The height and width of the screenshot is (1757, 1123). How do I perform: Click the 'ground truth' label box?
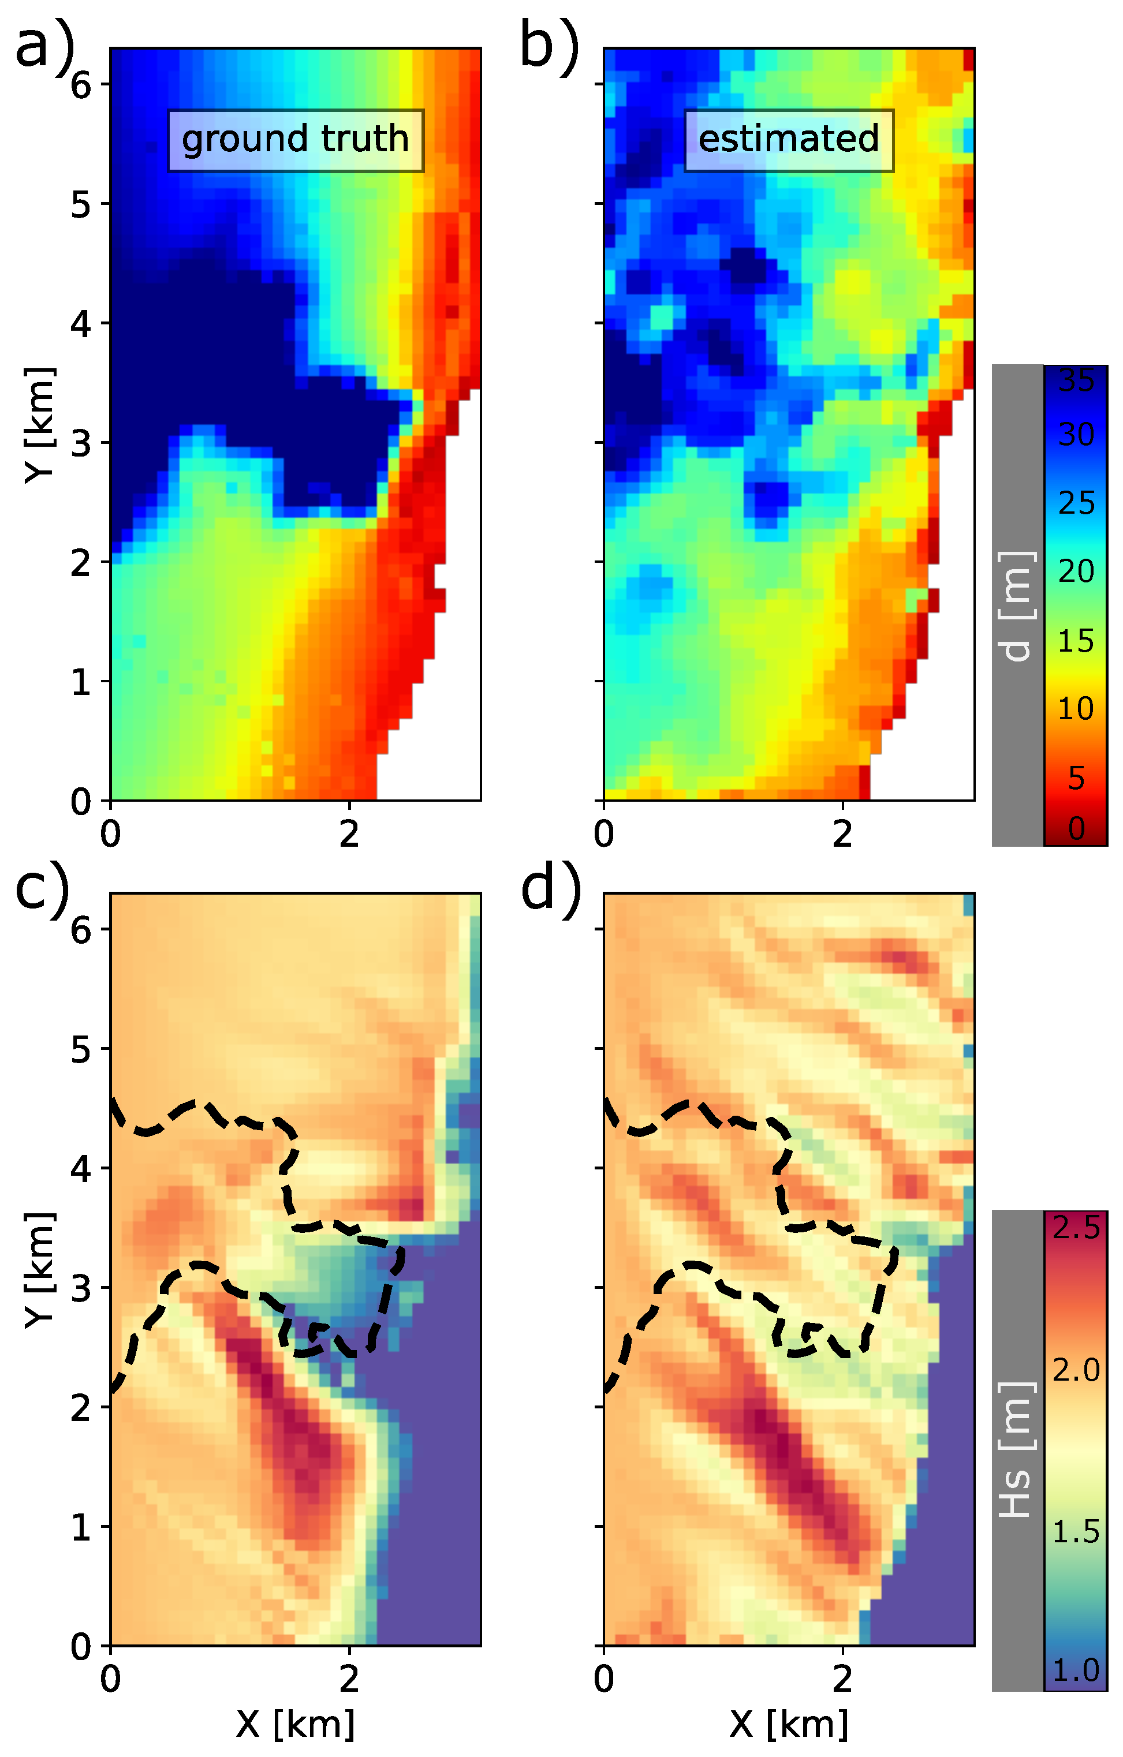296,140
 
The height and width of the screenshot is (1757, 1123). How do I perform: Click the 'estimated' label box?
789,140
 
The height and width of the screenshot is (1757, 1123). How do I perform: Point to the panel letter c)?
42,890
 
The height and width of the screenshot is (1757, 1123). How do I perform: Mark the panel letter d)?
551,890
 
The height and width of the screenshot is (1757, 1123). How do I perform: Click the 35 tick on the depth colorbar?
1076,381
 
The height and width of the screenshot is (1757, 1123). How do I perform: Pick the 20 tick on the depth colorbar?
1076,571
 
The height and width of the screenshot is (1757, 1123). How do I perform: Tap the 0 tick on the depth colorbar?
1076,829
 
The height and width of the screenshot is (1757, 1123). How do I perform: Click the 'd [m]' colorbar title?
1016,605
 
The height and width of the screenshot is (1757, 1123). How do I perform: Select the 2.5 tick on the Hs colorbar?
1076,1228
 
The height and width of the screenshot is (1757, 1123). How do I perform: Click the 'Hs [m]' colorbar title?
1016,1450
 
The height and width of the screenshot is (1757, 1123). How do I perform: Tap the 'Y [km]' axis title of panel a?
39,425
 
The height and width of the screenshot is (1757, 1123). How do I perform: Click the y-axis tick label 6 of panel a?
80,86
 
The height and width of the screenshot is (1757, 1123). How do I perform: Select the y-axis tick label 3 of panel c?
80,1288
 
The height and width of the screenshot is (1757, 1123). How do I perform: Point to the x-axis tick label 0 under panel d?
603,1679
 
